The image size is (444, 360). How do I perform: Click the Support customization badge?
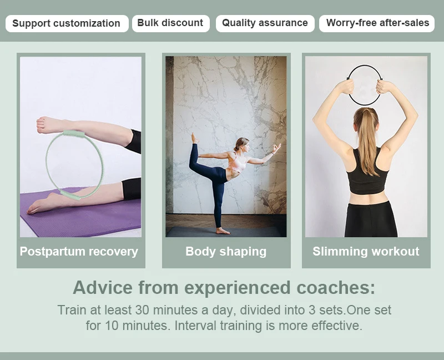67,23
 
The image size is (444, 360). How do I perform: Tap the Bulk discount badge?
171,23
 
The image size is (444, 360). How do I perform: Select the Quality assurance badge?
265,23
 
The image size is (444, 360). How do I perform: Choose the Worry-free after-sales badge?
377,23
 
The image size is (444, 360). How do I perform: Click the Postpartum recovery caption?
79,252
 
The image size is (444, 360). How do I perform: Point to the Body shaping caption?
226,252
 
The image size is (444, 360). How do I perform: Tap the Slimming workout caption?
366,252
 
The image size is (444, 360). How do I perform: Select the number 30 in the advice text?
142,310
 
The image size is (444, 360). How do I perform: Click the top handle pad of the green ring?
74,133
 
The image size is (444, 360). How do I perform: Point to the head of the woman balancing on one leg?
241,144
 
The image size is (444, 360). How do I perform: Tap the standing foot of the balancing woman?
223,231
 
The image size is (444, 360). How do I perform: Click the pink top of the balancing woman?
238,163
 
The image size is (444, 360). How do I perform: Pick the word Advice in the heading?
103,287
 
